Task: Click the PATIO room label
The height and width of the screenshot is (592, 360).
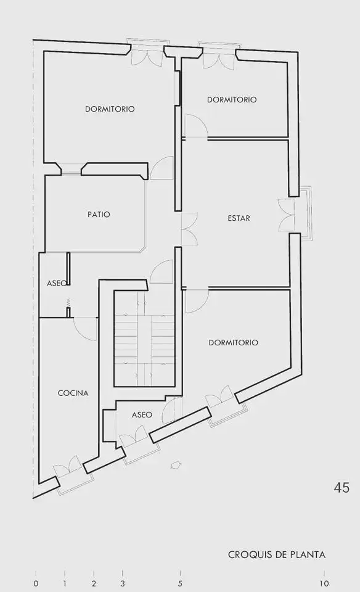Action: click(99, 215)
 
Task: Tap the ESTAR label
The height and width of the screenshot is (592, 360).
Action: click(239, 218)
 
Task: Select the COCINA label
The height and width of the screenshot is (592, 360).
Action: click(73, 393)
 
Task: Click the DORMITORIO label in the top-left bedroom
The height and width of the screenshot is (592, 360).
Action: click(110, 109)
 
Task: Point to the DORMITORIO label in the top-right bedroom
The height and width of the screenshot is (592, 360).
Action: click(232, 100)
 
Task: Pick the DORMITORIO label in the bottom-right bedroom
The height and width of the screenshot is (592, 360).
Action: click(233, 342)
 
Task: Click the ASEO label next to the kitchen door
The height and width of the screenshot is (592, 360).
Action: click(57, 283)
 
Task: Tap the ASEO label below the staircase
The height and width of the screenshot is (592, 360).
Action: click(142, 415)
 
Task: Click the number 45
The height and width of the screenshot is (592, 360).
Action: click(342, 488)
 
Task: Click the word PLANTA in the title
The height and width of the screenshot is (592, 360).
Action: click(308, 554)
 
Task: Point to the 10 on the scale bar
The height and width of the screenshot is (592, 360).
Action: click(324, 583)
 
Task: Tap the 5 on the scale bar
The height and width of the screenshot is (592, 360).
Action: click(180, 583)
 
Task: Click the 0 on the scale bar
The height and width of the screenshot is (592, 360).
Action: click(36, 583)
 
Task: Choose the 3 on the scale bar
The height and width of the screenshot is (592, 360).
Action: click(123, 583)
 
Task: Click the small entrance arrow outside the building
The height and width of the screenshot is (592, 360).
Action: click(176, 465)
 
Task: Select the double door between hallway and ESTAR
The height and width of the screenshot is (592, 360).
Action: click(189, 229)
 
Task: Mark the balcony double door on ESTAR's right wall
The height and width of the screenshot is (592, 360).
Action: click(286, 215)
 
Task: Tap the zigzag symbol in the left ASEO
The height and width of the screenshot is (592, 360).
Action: click(68, 302)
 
